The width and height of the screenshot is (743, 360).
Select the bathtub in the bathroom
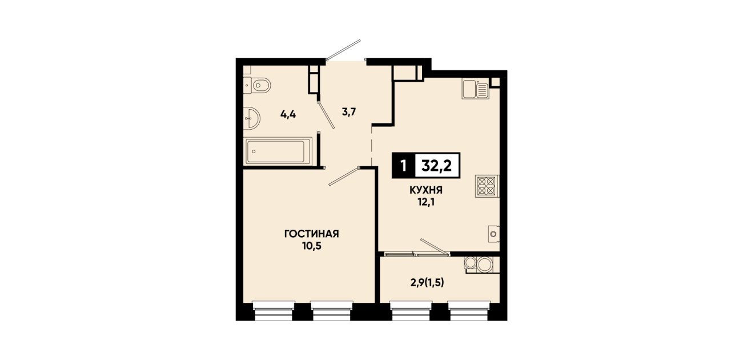(278, 151)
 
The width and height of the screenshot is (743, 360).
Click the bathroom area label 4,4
(288, 114)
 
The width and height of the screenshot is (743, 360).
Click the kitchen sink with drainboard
(475, 90)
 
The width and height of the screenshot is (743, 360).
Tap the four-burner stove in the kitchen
(487, 186)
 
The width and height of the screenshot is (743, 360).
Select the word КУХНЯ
(426, 190)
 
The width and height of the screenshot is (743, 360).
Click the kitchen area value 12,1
(426, 202)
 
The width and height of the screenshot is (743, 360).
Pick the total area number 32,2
(436, 165)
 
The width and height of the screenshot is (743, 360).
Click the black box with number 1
(403, 165)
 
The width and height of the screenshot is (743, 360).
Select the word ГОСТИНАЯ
(311, 234)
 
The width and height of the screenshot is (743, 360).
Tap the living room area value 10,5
(311, 246)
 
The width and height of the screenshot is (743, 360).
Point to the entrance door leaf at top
(343, 50)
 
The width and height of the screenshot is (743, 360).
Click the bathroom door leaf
(326, 115)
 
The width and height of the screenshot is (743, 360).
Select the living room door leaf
(344, 177)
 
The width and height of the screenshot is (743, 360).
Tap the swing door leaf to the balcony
(435, 247)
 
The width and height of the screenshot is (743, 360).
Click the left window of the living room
(274, 310)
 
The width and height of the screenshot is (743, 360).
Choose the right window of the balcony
(469, 310)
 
